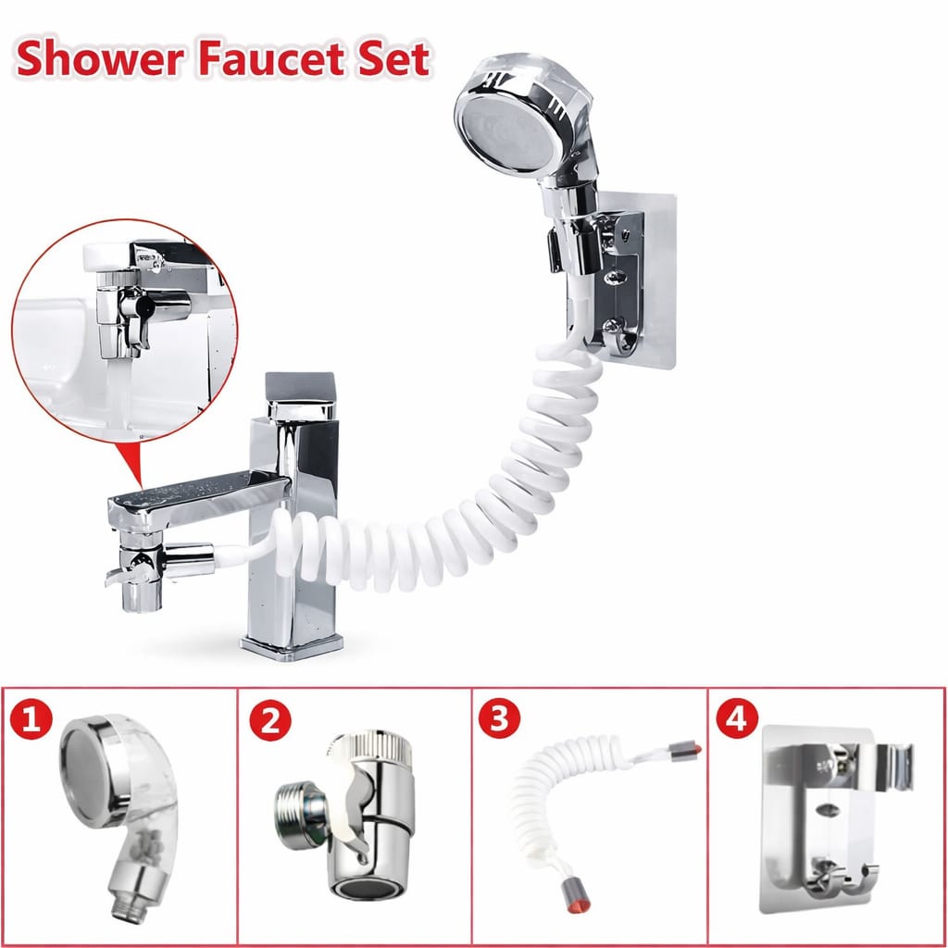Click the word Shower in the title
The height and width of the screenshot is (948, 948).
point(100,60)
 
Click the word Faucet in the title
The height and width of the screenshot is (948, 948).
point(271,60)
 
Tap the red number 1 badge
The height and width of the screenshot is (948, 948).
point(31,719)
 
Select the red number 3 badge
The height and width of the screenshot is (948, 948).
point(499,718)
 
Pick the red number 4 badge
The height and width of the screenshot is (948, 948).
point(737,718)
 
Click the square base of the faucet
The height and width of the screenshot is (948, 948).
point(292,647)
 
